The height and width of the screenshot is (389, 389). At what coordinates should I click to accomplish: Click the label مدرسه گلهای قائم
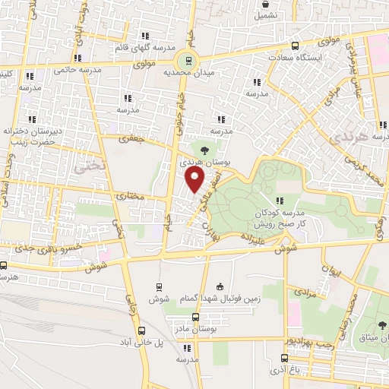click(x=141, y=48)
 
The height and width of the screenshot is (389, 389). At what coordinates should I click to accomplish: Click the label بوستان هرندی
click(x=201, y=162)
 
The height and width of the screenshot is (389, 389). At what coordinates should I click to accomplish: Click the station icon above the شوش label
click(x=158, y=286)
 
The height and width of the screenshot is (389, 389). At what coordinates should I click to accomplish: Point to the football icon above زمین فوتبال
click(x=220, y=286)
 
